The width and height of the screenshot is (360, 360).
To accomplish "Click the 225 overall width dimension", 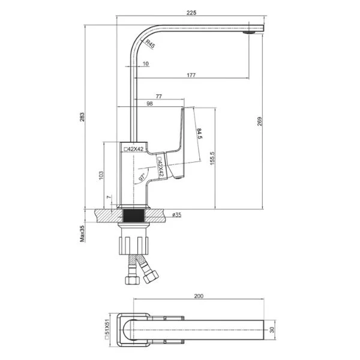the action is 191,13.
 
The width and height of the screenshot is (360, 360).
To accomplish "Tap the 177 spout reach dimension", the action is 191,75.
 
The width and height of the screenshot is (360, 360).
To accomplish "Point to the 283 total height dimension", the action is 82,117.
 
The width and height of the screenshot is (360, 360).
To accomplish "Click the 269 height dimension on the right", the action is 259,121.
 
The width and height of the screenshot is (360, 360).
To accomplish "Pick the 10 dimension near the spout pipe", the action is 146,64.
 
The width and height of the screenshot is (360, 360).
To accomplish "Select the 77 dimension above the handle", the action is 158,97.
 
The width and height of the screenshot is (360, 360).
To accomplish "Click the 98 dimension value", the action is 149,104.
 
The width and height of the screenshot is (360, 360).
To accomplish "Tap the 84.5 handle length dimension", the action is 199,134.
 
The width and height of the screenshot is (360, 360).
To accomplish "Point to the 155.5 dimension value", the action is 212,158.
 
